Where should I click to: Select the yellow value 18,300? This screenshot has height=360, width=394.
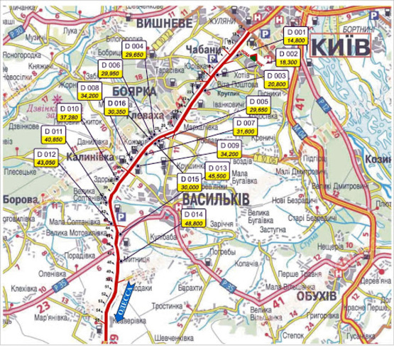288,62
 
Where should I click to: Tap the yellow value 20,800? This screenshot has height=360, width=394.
277,84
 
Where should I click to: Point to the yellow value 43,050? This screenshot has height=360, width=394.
46,163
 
